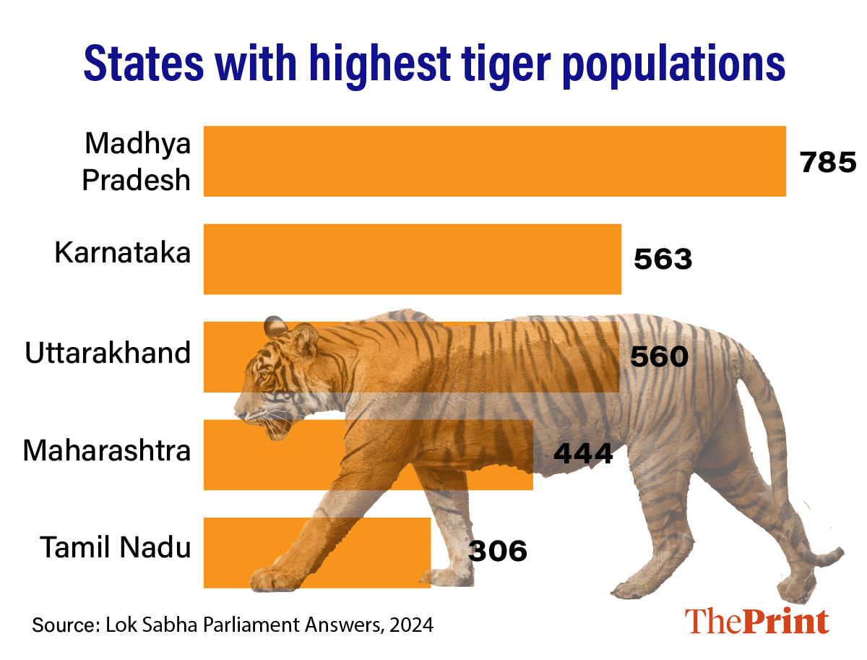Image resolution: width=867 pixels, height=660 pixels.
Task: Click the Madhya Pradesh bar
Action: tap(494, 161)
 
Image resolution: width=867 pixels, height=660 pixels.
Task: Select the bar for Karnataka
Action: tap(412, 259)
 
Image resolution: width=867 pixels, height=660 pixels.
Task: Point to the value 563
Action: tap(663, 259)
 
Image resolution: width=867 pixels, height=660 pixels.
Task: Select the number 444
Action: tap(582, 453)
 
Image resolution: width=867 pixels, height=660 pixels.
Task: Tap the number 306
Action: tap(498, 551)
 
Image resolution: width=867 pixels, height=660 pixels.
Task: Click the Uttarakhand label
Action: tap(108, 353)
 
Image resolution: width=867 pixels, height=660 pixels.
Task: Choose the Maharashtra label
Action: tap(107, 451)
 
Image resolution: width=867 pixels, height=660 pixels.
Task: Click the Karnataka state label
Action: tap(123, 254)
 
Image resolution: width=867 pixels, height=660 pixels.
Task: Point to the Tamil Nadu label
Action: tap(115, 547)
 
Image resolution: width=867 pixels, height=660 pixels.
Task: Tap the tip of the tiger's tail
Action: tap(838, 555)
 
